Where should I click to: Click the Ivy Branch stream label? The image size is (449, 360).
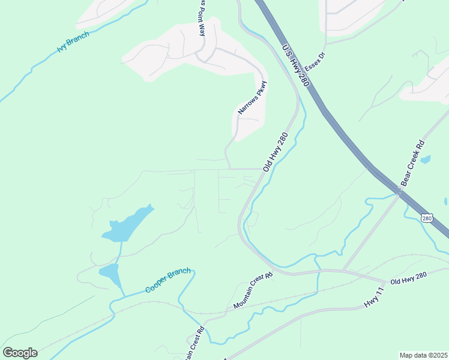point(73,43)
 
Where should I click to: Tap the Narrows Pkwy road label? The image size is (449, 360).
point(252,97)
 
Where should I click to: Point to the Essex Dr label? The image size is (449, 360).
point(315,61)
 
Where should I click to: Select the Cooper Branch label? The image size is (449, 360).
point(168,280)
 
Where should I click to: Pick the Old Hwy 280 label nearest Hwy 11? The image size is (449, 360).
point(408,277)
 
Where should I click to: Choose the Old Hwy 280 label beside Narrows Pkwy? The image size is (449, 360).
point(276,151)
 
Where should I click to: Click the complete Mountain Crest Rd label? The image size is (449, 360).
point(253,291)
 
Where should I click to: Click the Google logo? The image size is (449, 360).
point(20,353)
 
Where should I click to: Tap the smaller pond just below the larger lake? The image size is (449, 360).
point(109,274)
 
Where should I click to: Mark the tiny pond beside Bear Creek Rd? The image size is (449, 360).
point(426,160)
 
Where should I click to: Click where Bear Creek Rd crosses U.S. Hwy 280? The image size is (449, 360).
point(399,193)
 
